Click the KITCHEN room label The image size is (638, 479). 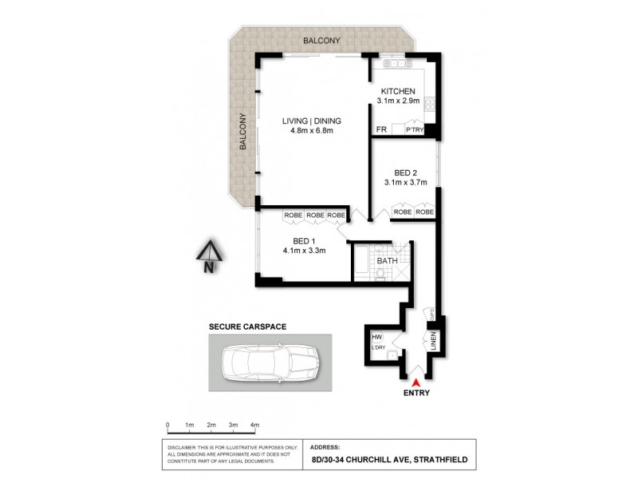pos(397,91)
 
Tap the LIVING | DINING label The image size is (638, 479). pos(312,121)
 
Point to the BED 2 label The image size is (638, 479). pos(406,172)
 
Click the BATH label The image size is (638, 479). pos(387,261)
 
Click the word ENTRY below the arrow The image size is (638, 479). pos(417,393)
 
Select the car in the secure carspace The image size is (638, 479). pos(262,362)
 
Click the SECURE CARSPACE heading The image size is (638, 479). pos(247,327)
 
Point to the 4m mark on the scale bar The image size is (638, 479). pos(255,425)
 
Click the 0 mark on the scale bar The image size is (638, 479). pos(167,425)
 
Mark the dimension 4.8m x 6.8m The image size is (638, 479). pos(312,132)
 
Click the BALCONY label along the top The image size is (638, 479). pos(321,40)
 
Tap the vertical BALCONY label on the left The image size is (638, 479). pos(242,133)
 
